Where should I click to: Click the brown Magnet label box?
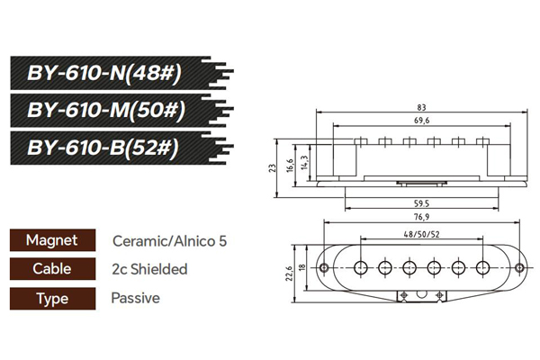coord(53,240)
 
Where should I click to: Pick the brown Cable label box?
coord(53,269)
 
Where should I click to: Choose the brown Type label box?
coord(53,298)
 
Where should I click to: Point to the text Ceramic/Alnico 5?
coord(169,241)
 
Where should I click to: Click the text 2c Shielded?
coord(149,269)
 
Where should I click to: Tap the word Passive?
coord(136,298)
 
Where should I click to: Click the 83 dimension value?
coord(421,107)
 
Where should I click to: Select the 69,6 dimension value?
coord(421,121)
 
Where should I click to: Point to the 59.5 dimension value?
coord(421,203)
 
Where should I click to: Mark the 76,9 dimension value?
coord(421,217)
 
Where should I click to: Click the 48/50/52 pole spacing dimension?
coord(421,235)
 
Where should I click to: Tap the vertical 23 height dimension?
coord(273,168)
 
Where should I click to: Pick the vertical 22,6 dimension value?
coord(289,274)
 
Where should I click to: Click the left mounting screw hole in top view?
coord(324,267)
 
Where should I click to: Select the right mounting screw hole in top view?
coord(519,267)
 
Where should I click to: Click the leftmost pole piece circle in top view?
coord(361,267)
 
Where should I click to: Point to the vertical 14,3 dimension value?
coord(304,163)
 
